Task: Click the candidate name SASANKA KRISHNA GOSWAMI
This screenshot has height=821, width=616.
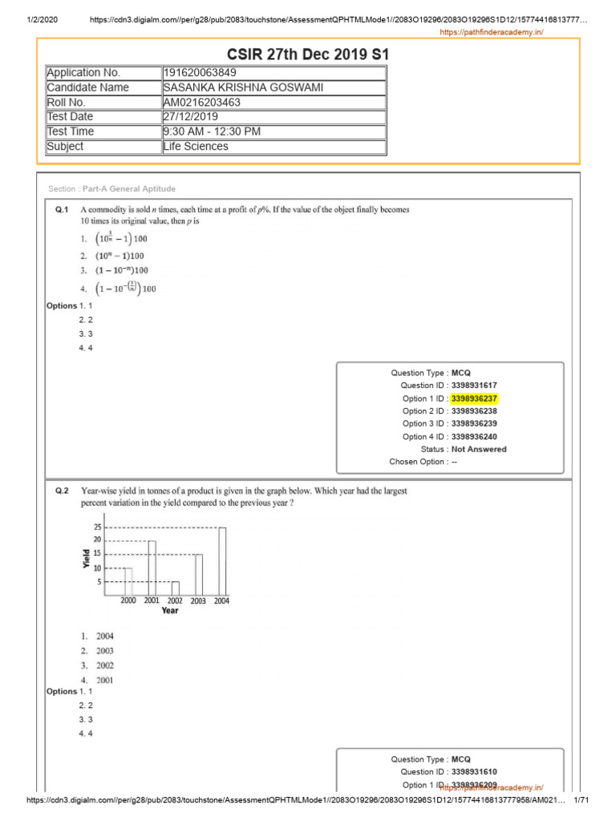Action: [x=244, y=87]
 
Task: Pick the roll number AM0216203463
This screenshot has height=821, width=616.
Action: [x=201, y=103]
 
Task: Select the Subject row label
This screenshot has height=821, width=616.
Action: [x=65, y=147]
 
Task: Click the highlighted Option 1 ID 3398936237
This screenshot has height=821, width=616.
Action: [x=480, y=398]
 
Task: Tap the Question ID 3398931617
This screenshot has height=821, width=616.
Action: [x=480, y=386]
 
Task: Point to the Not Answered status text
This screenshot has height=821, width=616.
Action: [x=479, y=450]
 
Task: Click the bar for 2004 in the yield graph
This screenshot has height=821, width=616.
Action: [x=222, y=560]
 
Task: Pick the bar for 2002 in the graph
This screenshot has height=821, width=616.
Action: [x=175, y=588]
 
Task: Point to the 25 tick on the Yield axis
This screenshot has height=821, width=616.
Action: [x=97, y=527]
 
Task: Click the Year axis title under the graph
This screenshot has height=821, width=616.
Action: [x=170, y=611]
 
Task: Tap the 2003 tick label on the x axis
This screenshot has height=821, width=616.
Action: [x=198, y=601]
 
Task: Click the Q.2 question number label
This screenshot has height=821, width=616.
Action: [x=63, y=490]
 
